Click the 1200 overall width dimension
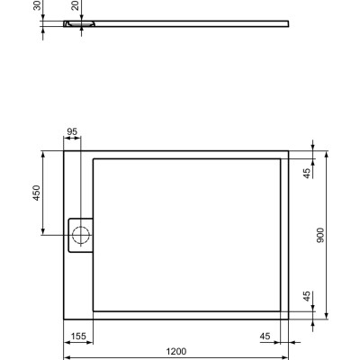tap(176, 349)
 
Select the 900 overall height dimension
tap(321, 234)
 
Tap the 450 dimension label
tap(37, 195)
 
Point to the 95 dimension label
tap(72, 131)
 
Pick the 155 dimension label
tap(78, 336)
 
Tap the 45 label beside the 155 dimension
tap(265, 336)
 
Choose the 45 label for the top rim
tap(307, 174)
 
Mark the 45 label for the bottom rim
tap(307, 296)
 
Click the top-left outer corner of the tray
tap(64, 150)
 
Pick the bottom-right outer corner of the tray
tap(289, 319)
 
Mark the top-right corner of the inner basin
tap(281, 159)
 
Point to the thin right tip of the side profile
tap(287, 24)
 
